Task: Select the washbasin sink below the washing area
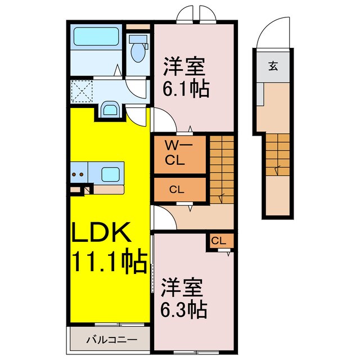(x=110, y=109)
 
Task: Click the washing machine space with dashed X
(x=83, y=90)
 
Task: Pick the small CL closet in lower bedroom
(x=219, y=241)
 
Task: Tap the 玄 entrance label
(x=273, y=66)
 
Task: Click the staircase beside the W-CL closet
(x=221, y=169)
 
